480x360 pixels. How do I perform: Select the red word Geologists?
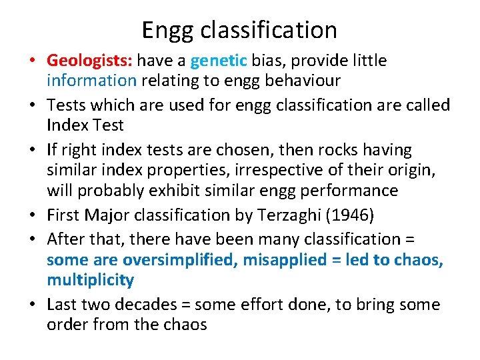tap(91, 61)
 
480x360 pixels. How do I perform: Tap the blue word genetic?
tap(219, 61)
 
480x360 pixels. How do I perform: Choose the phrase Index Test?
tap(85, 125)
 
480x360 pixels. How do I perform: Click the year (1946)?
tap(341, 215)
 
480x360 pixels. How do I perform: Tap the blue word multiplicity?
tap(90, 280)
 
